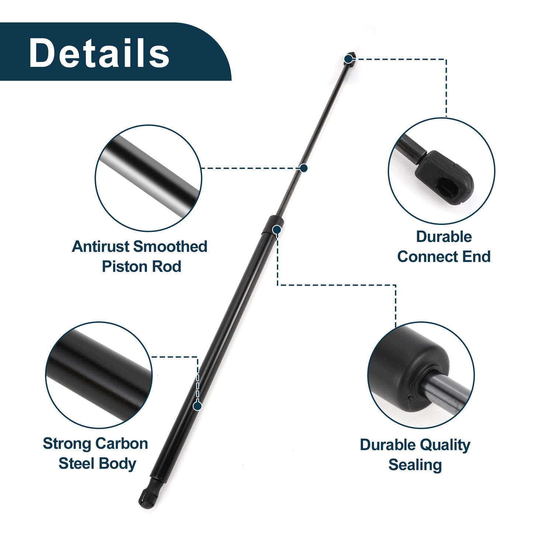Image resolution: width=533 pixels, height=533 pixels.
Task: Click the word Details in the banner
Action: (x=99, y=53)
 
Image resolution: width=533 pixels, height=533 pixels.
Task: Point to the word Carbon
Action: (x=121, y=444)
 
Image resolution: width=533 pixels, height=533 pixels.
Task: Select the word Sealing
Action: (x=415, y=465)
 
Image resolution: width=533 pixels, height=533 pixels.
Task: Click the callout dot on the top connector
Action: (x=349, y=59)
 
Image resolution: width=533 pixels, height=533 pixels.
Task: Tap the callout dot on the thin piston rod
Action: (x=304, y=168)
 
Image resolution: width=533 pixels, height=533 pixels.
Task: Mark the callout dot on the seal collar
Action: (x=277, y=229)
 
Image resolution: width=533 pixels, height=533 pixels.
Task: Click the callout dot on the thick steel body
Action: (x=197, y=406)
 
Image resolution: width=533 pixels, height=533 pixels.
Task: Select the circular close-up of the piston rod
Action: (x=148, y=178)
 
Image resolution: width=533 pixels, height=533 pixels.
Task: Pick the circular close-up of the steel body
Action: (x=99, y=375)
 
